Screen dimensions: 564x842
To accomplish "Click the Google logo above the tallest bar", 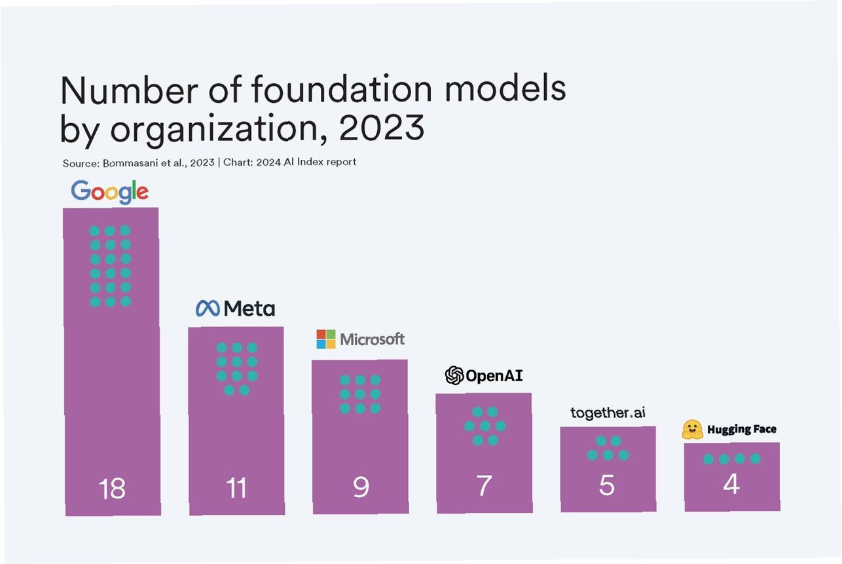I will [110, 191].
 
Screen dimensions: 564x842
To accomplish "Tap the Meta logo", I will [236, 308].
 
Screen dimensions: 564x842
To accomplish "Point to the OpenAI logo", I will [484, 375].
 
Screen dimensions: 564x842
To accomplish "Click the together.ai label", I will [608, 413].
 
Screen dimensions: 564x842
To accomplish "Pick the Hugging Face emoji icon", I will [692, 430].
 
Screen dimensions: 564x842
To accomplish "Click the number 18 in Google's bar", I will [112, 489].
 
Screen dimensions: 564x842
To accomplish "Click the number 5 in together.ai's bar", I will [607, 485].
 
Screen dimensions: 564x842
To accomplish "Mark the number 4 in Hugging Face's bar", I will [731, 484].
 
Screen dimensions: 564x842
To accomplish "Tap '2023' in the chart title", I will [382, 128].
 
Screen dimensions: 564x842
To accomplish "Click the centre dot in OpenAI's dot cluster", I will [485, 426].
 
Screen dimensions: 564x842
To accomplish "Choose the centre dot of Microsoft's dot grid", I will [360, 394].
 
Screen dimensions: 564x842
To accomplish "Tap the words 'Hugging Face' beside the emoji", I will [742, 430].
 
